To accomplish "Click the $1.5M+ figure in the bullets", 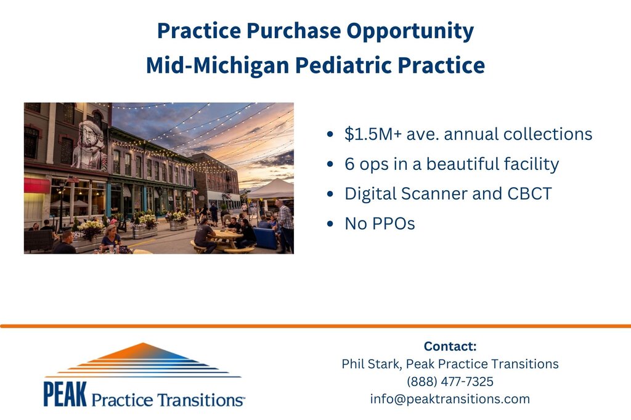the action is [373, 134].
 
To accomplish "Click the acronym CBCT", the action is [529, 194].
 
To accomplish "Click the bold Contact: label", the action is [450, 346].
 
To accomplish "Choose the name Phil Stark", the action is [370, 364].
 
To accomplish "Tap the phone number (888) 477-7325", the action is [450, 381].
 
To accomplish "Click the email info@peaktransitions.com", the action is [450, 399].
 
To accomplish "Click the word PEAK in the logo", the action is [65, 394].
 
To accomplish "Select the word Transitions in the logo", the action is [200, 400].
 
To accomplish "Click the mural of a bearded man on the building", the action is [90, 145].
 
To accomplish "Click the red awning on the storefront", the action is [37, 185].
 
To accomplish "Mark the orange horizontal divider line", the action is [315, 326].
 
